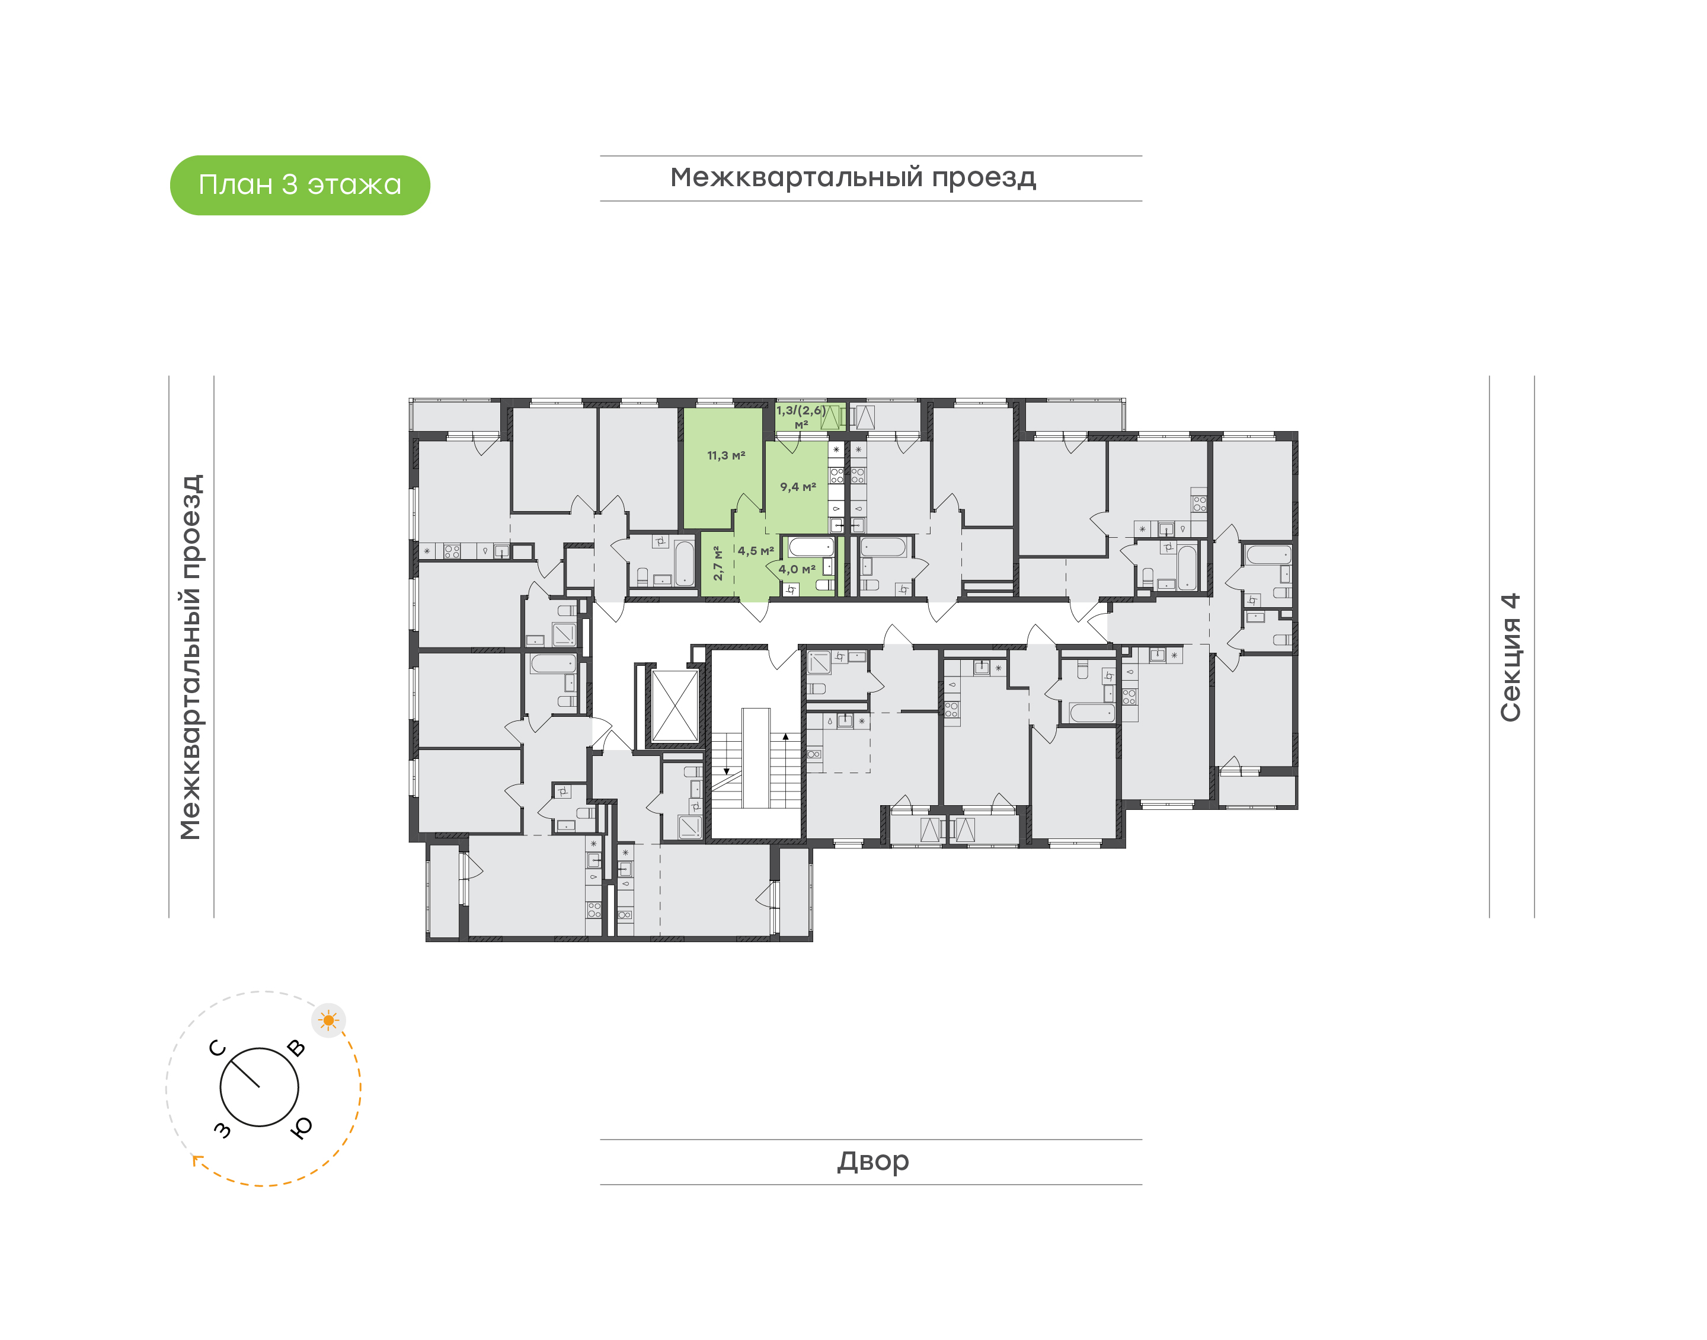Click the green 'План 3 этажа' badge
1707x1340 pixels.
tap(299, 185)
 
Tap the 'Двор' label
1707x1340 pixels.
tap(872, 1161)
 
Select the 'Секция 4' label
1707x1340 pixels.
tap(1510, 657)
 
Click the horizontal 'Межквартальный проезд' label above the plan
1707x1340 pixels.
tap(853, 178)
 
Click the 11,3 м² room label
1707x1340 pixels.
tap(726, 455)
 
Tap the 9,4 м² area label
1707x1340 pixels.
tap(798, 486)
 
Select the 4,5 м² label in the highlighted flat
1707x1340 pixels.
tap(756, 551)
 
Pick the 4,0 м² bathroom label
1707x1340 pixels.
tap(797, 569)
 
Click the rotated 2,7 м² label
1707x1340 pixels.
tap(717, 563)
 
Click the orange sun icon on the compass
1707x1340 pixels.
tap(328, 1020)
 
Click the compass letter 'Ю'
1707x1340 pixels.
tap(301, 1127)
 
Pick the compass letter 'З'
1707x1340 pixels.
tap(223, 1130)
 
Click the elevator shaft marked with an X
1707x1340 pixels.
tap(675, 706)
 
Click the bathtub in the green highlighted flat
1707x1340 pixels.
tap(811, 546)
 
